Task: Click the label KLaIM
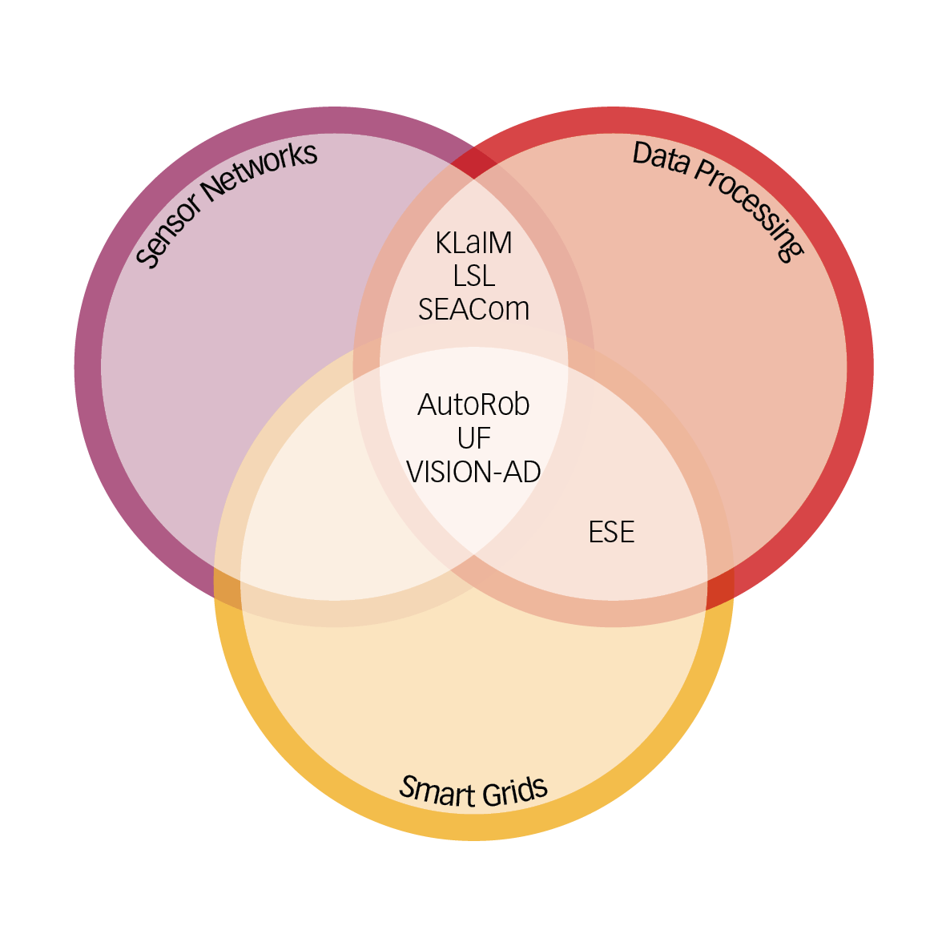(x=473, y=243)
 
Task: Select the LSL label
(x=473, y=276)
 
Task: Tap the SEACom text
(x=473, y=309)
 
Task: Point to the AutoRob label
(x=473, y=405)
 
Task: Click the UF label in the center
(x=473, y=438)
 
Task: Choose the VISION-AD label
(x=473, y=472)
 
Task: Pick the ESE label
(x=611, y=532)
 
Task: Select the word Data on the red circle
(x=661, y=158)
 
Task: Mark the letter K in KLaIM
(x=444, y=243)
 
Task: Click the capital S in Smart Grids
(x=408, y=787)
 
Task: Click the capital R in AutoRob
(x=492, y=405)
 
